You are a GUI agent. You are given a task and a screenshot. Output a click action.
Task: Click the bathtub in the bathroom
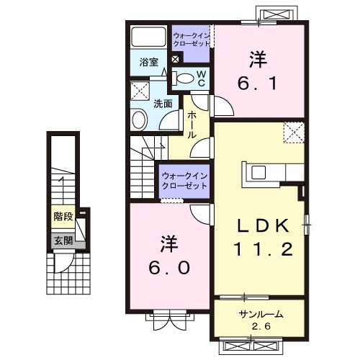pyautogui.click(x=148, y=37)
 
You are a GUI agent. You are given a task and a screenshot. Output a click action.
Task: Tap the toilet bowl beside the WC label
pyautogui.click(x=185, y=78)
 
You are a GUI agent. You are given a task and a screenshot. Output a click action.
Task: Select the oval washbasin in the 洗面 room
pyautogui.click(x=138, y=119)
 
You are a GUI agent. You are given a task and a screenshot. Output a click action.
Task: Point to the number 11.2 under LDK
pyautogui.click(x=258, y=250)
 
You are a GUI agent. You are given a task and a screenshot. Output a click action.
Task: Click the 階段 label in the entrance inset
pyautogui.click(x=63, y=216)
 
